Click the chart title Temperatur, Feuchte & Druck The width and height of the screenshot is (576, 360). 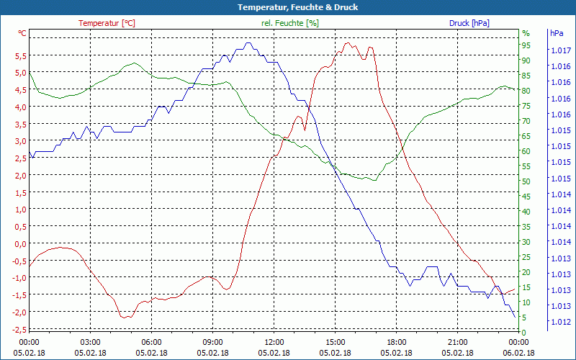click(x=287, y=7)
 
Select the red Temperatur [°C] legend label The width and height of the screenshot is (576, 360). click(x=107, y=23)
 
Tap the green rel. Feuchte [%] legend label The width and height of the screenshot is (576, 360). click(x=289, y=23)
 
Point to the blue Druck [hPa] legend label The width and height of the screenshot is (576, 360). click(x=469, y=23)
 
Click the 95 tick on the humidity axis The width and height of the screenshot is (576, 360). click(x=526, y=45)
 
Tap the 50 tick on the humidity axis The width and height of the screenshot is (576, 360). click(x=526, y=181)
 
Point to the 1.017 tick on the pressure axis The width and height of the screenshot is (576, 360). click(x=559, y=50)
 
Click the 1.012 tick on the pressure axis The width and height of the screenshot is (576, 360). click(x=559, y=322)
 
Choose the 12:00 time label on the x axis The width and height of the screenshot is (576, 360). click(x=274, y=342)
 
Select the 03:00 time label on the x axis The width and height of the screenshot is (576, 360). click(x=90, y=342)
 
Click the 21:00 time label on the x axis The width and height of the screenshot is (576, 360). click(x=458, y=342)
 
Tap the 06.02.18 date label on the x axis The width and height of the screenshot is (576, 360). click(x=519, y=353)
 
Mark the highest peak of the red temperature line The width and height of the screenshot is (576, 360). click(x=347, y=42)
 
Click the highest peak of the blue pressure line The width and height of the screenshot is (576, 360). click(x=248, y=42)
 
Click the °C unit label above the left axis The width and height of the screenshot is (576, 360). click(x=22, y=33)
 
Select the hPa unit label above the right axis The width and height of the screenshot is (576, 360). click(x=557, y=33)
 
